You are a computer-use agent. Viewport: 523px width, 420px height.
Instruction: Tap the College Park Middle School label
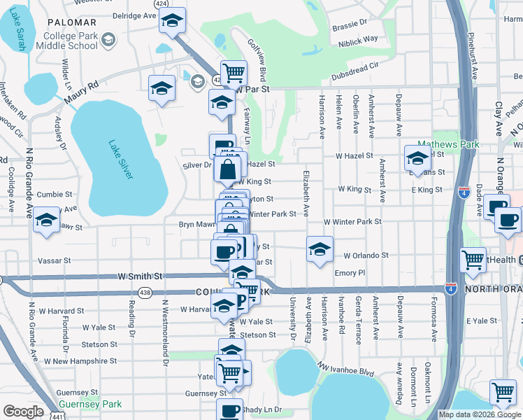click(x=72, y=41)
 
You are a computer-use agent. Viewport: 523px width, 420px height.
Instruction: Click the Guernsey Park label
click(x=90, y=404)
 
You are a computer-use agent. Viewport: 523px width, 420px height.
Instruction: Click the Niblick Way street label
click(x=360, y=39)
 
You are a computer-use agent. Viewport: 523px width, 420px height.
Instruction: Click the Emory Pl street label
click(x=350, y=273)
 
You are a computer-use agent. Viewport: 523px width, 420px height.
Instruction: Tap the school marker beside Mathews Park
click(x=417, y=157)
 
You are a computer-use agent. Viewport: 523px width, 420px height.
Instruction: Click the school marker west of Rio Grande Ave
click(x=47, y=220)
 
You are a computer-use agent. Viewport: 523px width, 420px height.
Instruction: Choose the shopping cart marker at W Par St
click(x=234, y=72)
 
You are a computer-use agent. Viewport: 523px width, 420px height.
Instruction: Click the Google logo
click(x=23, y=411)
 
